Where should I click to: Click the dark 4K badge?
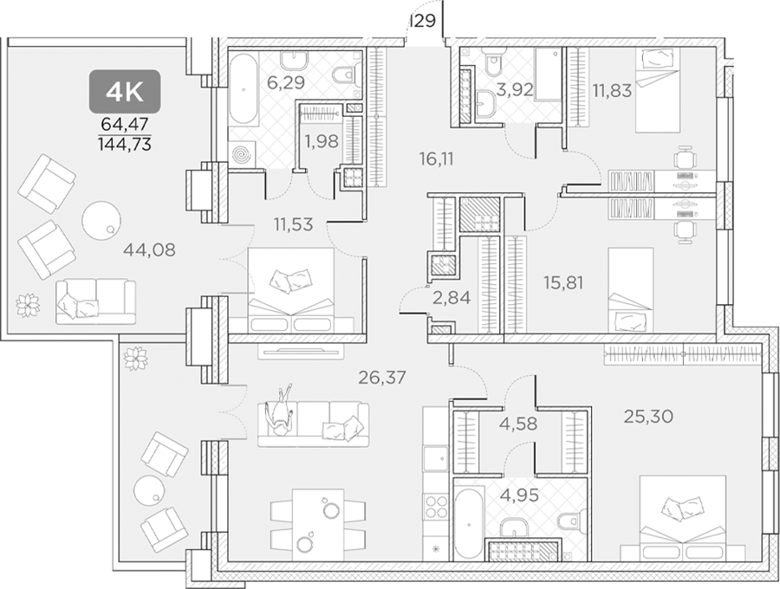coord(125,90)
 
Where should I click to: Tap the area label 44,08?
coord(149,249)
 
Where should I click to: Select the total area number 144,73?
coord(125,144)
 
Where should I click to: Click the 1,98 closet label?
coord(322,142)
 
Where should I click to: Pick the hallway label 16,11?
coord(436,159)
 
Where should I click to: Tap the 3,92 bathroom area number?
coord(515,90)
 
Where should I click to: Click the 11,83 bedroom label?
coord(612,90)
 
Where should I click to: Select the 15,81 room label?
coord(563,282)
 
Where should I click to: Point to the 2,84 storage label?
coord(452,298)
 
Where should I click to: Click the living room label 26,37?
coord(382,378)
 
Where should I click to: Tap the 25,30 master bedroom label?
coord(648,417)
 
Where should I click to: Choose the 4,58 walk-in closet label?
coord(518,424)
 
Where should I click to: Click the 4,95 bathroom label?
coord(520,495)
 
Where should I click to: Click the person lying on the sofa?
coord(280,411)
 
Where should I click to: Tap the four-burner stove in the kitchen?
coord(436,508)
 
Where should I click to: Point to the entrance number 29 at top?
coord(425,21)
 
